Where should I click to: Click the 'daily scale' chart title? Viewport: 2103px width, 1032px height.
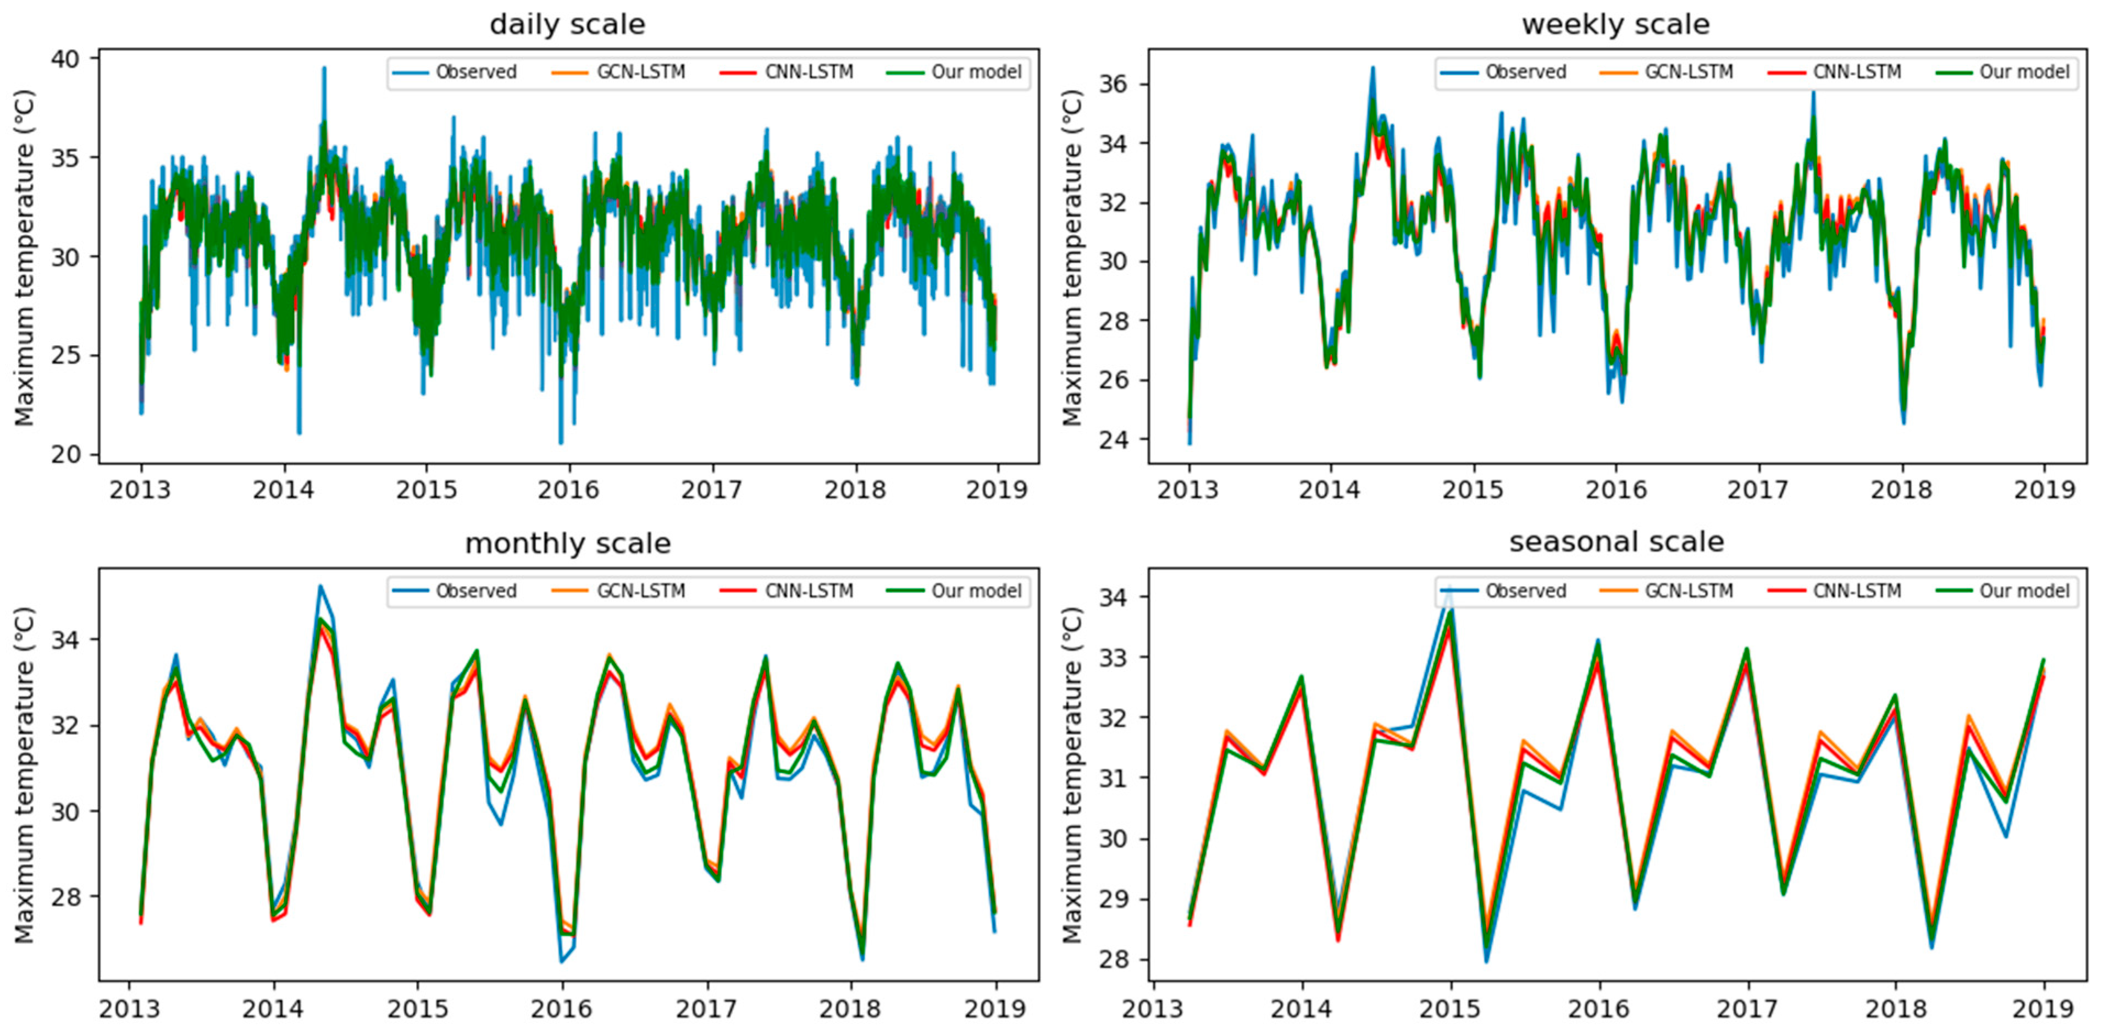click(567, 25)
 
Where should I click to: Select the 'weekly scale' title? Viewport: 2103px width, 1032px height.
click(1615, 25)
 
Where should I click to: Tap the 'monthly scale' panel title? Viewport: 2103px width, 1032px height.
click(567, 543)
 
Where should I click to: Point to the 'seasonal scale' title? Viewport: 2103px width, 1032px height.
click(1615, 542)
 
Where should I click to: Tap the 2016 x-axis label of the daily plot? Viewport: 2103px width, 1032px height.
click(568, 490)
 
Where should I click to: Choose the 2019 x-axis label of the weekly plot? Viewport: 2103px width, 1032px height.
click(2044, 490)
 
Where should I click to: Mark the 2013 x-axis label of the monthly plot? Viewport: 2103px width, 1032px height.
click(129, 1009)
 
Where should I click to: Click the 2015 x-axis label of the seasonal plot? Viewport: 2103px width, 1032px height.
click(1450, 1009)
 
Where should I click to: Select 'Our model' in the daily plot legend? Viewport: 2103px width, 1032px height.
click(976, 72)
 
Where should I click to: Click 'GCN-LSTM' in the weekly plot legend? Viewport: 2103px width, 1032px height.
click(1688, 72)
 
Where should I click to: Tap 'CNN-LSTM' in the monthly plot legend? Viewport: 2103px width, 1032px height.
click(808, 591)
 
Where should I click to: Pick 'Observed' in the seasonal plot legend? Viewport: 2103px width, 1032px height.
click(1525, 591)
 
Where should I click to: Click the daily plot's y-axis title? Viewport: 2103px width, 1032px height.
click(25, 257)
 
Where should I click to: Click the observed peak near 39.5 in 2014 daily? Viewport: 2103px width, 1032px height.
click(324, 69)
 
